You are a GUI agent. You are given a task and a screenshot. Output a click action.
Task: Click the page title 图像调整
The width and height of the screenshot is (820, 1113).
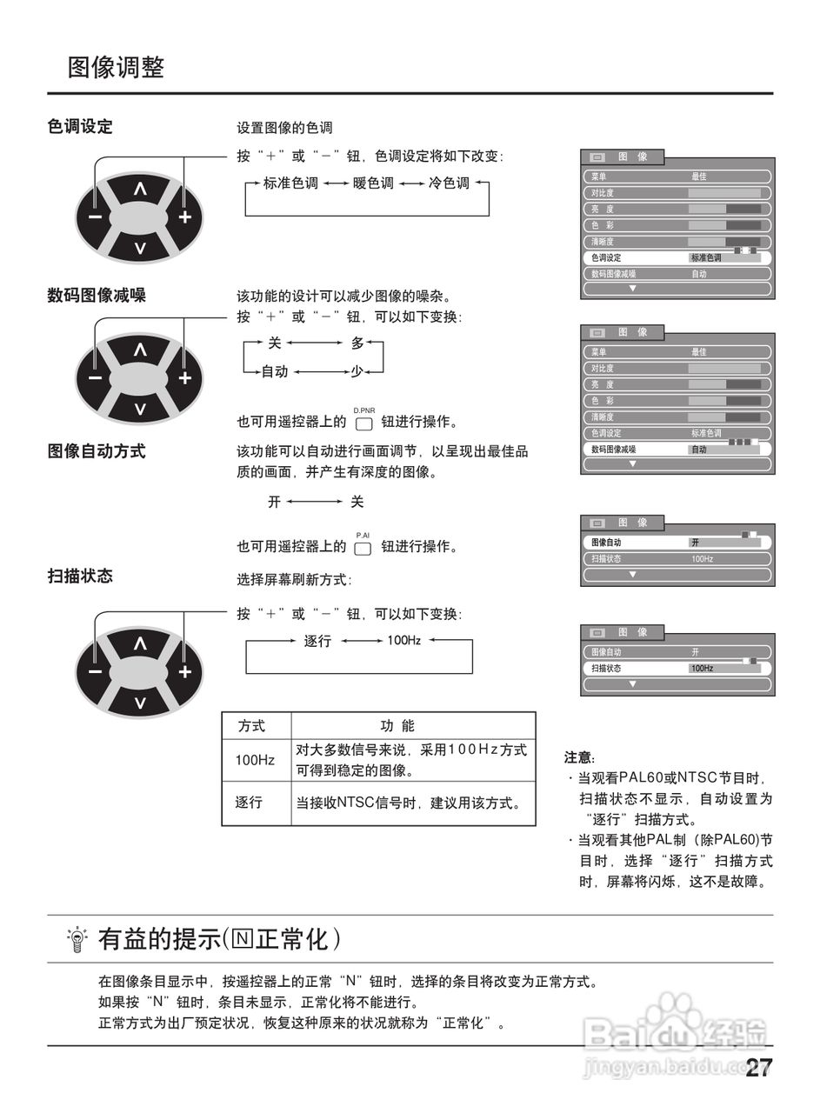[x=116, y=68]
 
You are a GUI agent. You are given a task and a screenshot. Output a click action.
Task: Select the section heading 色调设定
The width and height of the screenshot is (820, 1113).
[x=80, y=127]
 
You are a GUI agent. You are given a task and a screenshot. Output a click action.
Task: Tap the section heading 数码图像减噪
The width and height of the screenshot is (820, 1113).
[x=97, y=295]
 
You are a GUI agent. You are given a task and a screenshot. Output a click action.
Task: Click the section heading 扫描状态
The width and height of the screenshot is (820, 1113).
[x=80, y=576]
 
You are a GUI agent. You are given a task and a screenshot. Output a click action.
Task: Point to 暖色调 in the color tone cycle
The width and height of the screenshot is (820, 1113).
[x=373, y=183]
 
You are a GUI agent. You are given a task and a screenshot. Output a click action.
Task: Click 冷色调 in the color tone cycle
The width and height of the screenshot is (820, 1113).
[x=449, y=183]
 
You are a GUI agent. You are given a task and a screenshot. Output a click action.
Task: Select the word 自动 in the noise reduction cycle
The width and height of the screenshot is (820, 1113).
[x=275, y=371]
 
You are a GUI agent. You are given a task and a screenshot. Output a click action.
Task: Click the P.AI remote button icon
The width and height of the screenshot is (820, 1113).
[x=363, y=548]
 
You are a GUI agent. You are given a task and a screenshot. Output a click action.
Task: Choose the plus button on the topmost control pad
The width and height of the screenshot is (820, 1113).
[x=184, y=217]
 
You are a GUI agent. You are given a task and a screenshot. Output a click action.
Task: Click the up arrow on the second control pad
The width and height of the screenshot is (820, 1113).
[x=140, y=350]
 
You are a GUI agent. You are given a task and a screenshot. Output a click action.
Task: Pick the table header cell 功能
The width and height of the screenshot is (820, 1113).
[x=397, y=726]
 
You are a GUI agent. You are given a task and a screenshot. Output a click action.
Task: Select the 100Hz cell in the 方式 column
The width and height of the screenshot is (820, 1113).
[x=255, y=760]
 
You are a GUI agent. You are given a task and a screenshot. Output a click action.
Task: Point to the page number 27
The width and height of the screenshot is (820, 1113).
[x=758, y=1069]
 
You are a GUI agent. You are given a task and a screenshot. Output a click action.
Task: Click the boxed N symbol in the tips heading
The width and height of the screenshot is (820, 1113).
[x=243, y=939]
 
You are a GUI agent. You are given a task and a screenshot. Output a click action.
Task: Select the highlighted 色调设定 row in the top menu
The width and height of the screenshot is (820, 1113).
[x=677, y=258]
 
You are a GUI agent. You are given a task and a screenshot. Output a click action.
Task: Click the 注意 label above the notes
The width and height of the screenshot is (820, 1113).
[x=579, y=757]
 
